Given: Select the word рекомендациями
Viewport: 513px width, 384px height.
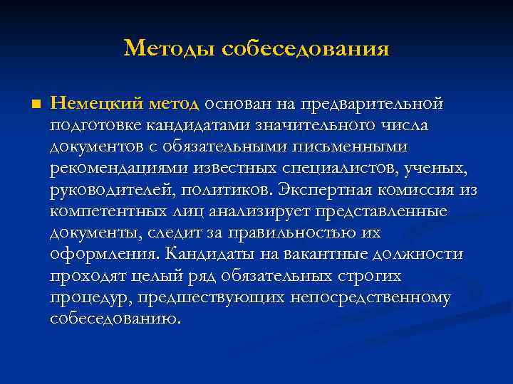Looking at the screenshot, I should click(x=113, y=169).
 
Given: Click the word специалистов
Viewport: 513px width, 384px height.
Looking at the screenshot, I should click(x=333, y=169).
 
